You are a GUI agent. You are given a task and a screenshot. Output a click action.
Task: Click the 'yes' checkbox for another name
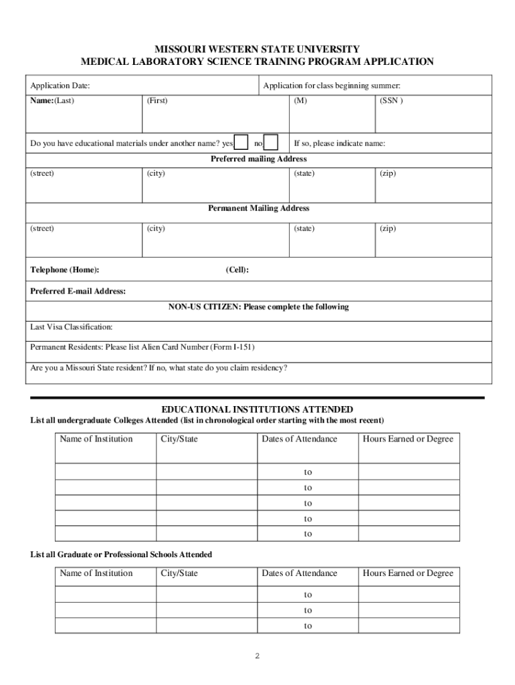coord(241,142)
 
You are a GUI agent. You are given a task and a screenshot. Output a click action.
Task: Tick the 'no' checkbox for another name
coord(272,142)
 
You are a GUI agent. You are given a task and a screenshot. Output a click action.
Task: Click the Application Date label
coord(60,86)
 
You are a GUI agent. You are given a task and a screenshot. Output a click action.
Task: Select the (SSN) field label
coord(391,101)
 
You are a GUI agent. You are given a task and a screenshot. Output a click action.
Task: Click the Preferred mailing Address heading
coord(258,159)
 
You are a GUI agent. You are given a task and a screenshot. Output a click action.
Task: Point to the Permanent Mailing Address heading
coord(258,209)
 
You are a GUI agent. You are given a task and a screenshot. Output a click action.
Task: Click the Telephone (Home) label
coord(65,270)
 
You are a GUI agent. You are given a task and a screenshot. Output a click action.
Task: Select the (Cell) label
coord(237,270)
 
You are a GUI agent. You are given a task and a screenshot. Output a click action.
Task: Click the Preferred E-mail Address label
coord(78,292)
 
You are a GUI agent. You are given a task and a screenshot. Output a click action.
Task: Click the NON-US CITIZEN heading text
coord(258,307)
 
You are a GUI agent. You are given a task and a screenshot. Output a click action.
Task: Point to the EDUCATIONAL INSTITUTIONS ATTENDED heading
coord(257,409)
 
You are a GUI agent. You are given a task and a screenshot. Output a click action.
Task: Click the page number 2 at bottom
coord(257,656)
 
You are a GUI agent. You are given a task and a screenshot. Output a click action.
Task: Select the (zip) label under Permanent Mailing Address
coord(388,229)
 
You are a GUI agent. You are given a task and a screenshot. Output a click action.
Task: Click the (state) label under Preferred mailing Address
coord(304,174)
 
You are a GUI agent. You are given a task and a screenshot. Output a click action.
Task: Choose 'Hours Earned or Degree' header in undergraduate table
coord(408,439)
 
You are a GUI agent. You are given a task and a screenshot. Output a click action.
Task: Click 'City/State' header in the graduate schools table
coord(179,573)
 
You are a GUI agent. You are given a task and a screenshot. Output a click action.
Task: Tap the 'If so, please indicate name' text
coord(340,144)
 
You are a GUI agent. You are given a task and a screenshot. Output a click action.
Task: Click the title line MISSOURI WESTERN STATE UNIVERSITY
coord(257,50)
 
